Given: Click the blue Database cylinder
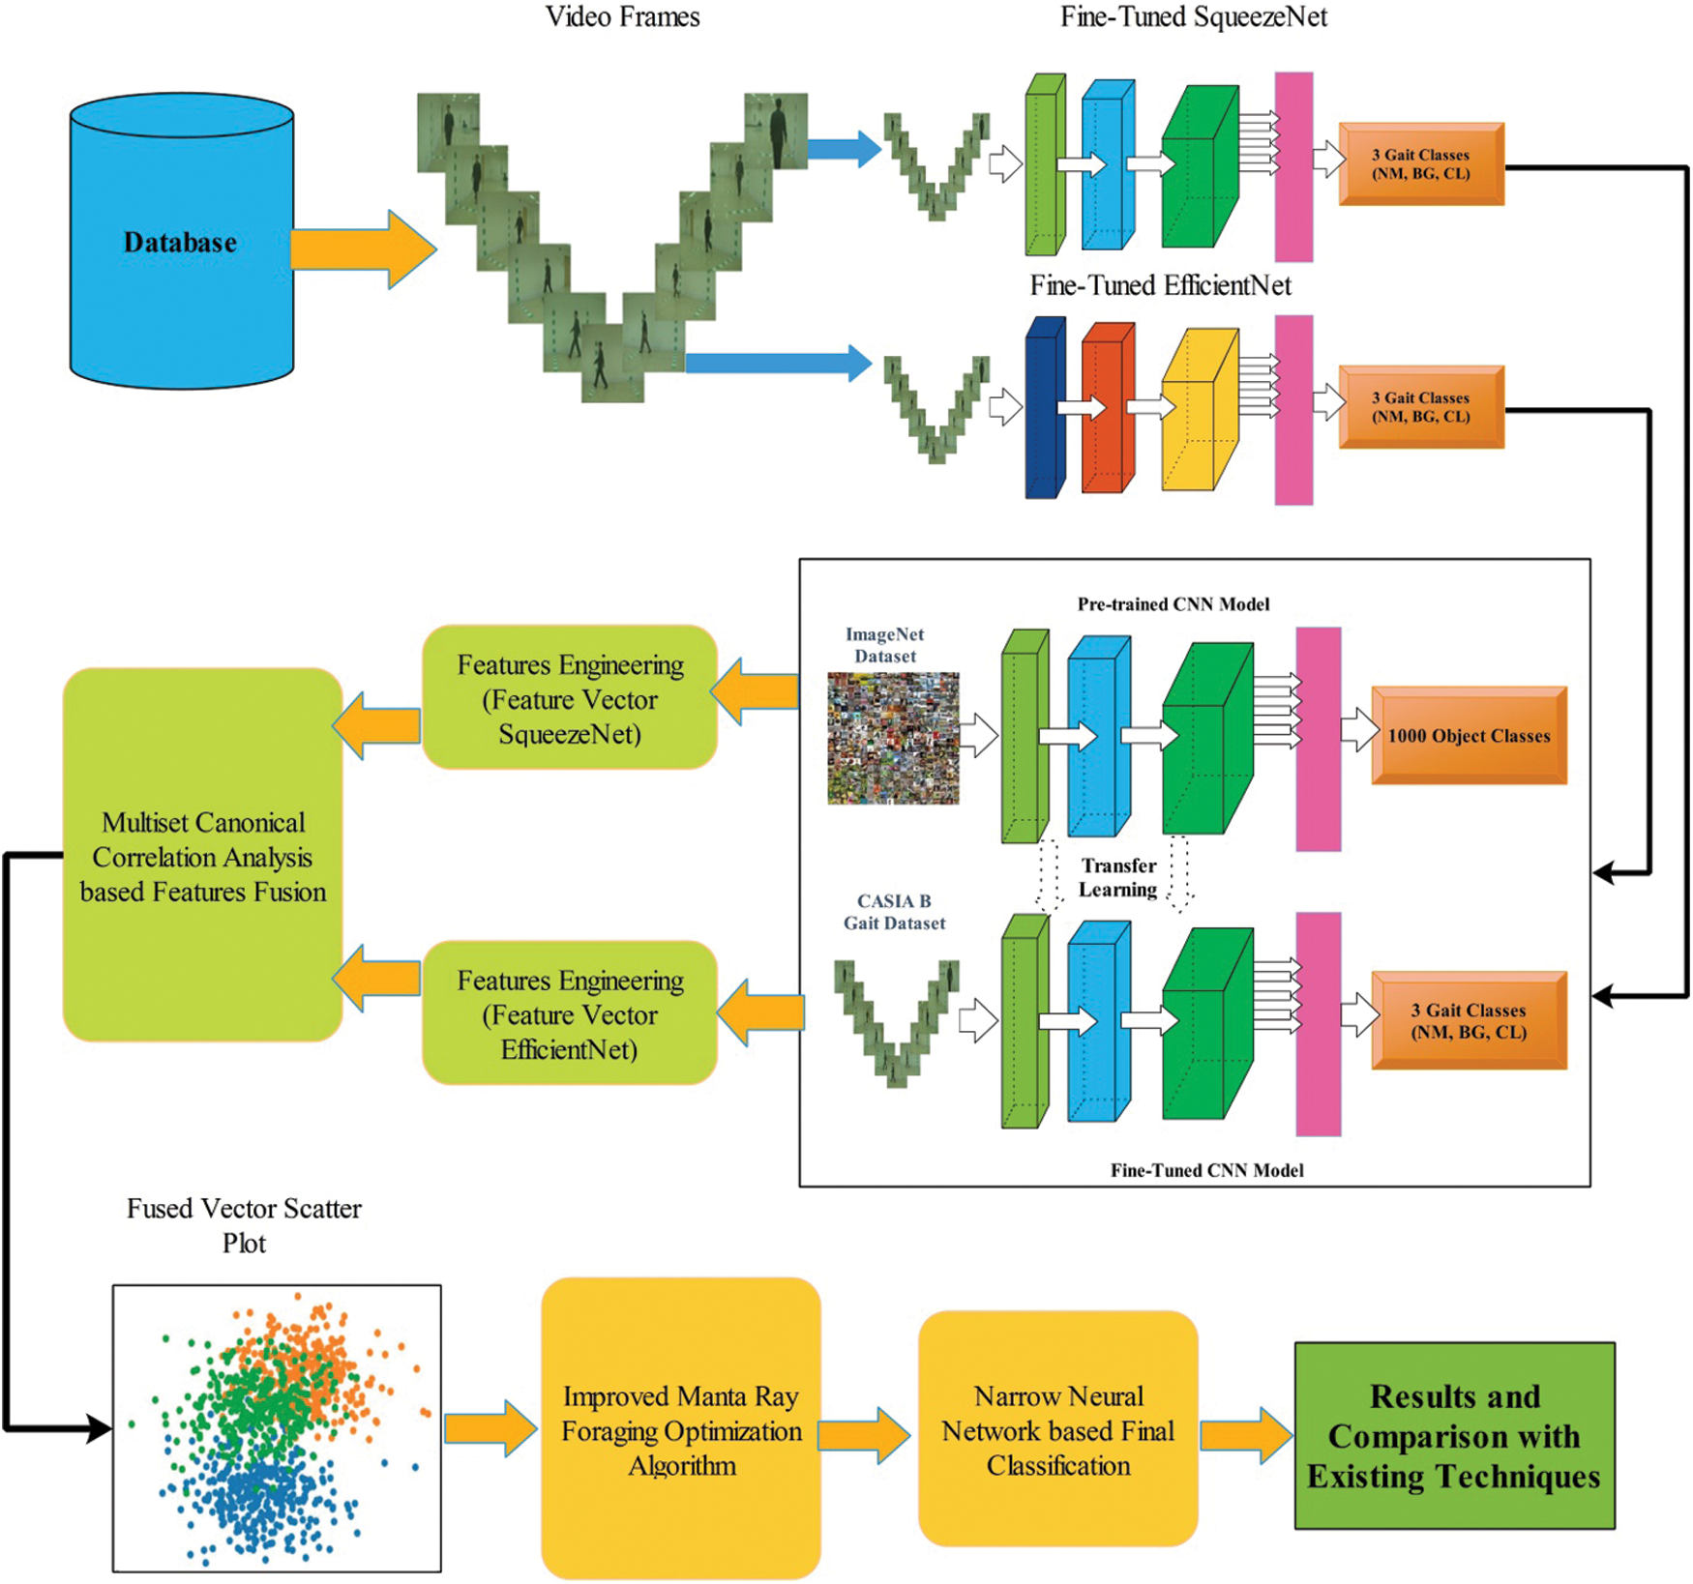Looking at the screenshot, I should pyautogui.click(x=181, y=242).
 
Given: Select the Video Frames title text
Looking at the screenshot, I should pyautogui.click(x=622, y=16).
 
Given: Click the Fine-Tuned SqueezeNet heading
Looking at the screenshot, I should pyautogui.click(x=1193, y=16).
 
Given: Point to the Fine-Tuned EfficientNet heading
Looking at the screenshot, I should pyautogui.click(x=1160, y=285).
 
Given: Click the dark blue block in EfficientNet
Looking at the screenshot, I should pyautogui.click(x=1044, y=408).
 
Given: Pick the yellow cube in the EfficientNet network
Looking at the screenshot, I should pyautogui.click(x=1198, y=411).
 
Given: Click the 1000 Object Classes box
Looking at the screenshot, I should pyautogui.click(x=1468, y=735).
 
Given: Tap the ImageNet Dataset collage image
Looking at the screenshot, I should pyautogui.click(x=893, y=738).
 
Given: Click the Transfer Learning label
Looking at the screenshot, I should pyautogui.click(x=1118, y=877).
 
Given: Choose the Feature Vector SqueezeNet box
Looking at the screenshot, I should pyautogui.click(x=570, y=698).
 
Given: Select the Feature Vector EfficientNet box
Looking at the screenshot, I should pyautogui.click(x=570, y=1013).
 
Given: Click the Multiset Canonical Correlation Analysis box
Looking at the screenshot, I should pyautogui.click(x=203, y=856).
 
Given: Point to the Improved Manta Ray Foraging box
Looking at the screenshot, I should pyautogui.click(x=681, y=1429).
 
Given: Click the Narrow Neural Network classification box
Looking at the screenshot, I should pyautogui.click(x=1057, y=1429).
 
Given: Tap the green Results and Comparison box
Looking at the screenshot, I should pyautogui.click(x=1454, y=1436).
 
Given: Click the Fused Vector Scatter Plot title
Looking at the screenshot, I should pyautogui.click(x=244, y=1225).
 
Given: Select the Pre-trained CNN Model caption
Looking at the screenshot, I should pyautogui.click(x=1173, y=604).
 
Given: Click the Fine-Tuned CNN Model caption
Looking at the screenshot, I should pyautogui.click(x=1206, y=1170).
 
